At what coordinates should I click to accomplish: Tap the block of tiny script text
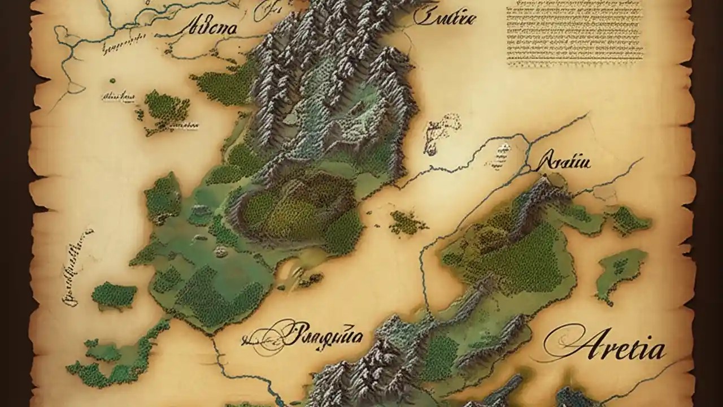point(573,34)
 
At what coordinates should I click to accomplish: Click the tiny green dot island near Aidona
point(112,81)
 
